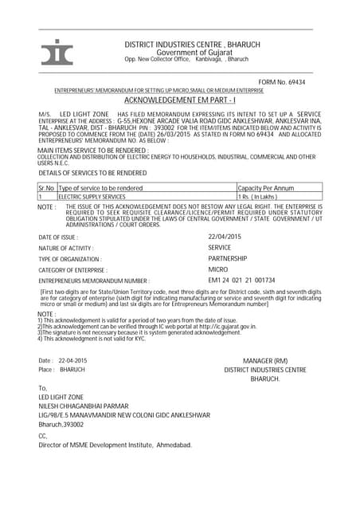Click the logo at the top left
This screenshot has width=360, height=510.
(57, 51)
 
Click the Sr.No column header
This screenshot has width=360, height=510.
(45, 187)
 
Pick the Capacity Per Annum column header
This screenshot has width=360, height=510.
(267, 187)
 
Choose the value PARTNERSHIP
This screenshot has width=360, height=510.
(228, 259)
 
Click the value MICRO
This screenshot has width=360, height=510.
(218, 270)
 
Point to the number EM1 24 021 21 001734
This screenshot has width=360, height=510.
(241, 280)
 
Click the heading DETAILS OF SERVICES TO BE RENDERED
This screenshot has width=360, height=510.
(92, 172)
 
